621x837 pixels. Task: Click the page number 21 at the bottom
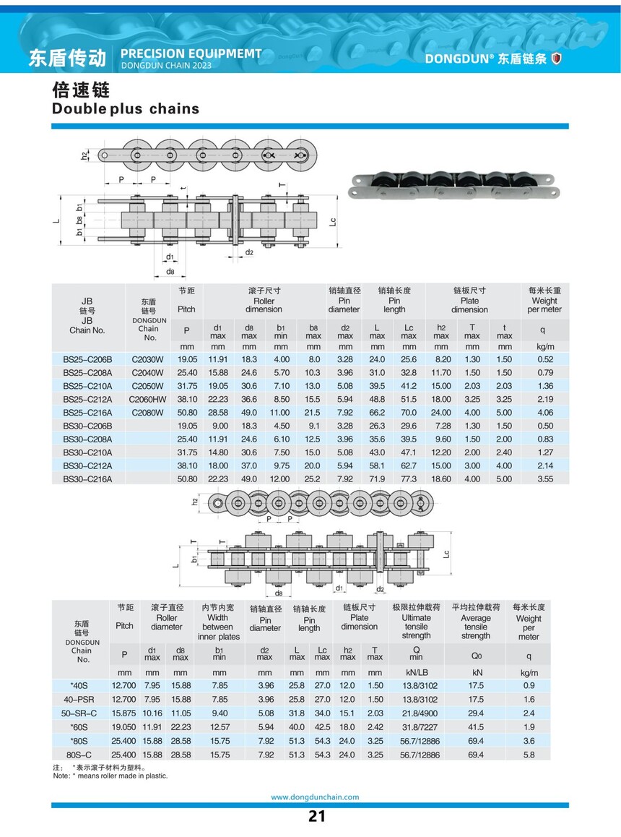click(x=316, y=816)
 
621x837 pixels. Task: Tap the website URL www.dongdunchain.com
click(x=315, y=797)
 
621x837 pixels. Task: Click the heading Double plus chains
click(x=126, y=109)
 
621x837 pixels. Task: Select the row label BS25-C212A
click(x=87, y=399)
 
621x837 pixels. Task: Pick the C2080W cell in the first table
click(x=148, y=413)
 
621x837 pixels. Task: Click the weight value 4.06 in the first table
click(x=545, y=413)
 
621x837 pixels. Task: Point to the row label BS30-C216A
click(x=87, y=479)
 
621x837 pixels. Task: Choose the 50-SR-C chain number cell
click(x=79, y=713)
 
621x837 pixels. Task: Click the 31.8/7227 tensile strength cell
click(x=420, y=727)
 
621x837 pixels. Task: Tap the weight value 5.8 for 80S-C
click(x=529, y=755)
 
